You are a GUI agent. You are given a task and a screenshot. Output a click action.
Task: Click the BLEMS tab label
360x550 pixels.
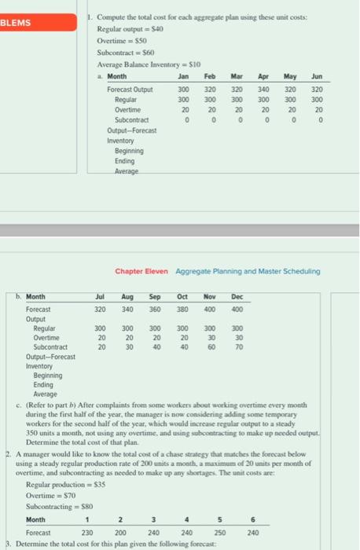click(x=18, y=23)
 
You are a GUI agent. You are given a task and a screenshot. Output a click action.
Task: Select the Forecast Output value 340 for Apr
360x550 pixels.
click(x=262, y=89)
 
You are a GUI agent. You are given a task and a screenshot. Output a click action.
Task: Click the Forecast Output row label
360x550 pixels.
click(x=130, y=89)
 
